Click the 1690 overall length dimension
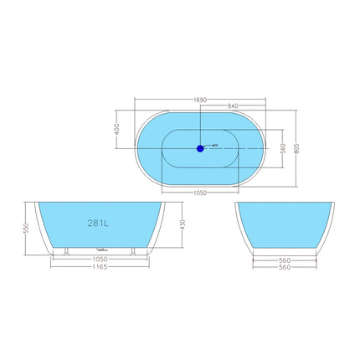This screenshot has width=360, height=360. (x=199, y=99)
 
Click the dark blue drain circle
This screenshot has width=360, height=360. (x=200, y=148)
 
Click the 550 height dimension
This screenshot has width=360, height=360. (x=27, y=228)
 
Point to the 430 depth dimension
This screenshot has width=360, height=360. (x=181, y=224)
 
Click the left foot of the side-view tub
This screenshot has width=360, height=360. (x=64, y=249)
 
